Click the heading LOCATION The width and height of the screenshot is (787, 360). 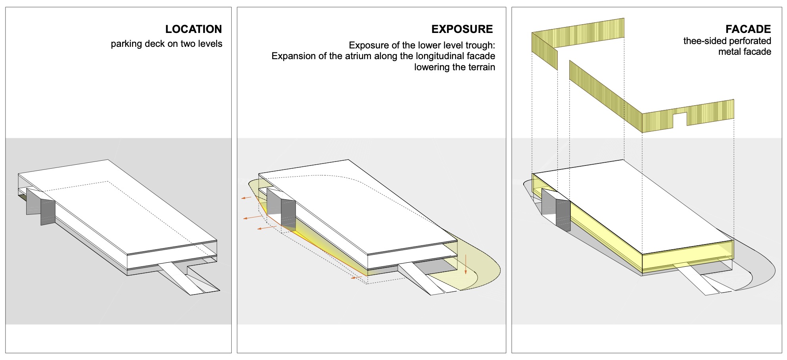click(x=194, y=29)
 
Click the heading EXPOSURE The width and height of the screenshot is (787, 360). click(x=462, y=29)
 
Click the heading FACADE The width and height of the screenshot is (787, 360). click(x=748, y=29)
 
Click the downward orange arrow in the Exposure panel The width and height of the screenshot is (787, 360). click(x=466, y=264)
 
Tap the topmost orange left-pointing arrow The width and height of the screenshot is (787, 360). click(x=247, y=197)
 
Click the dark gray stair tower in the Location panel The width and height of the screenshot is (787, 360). click(x=48, y=212)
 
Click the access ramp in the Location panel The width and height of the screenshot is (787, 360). click(x=186, y=278)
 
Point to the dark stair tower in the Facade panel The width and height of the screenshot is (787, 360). click(x=563, y=216)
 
